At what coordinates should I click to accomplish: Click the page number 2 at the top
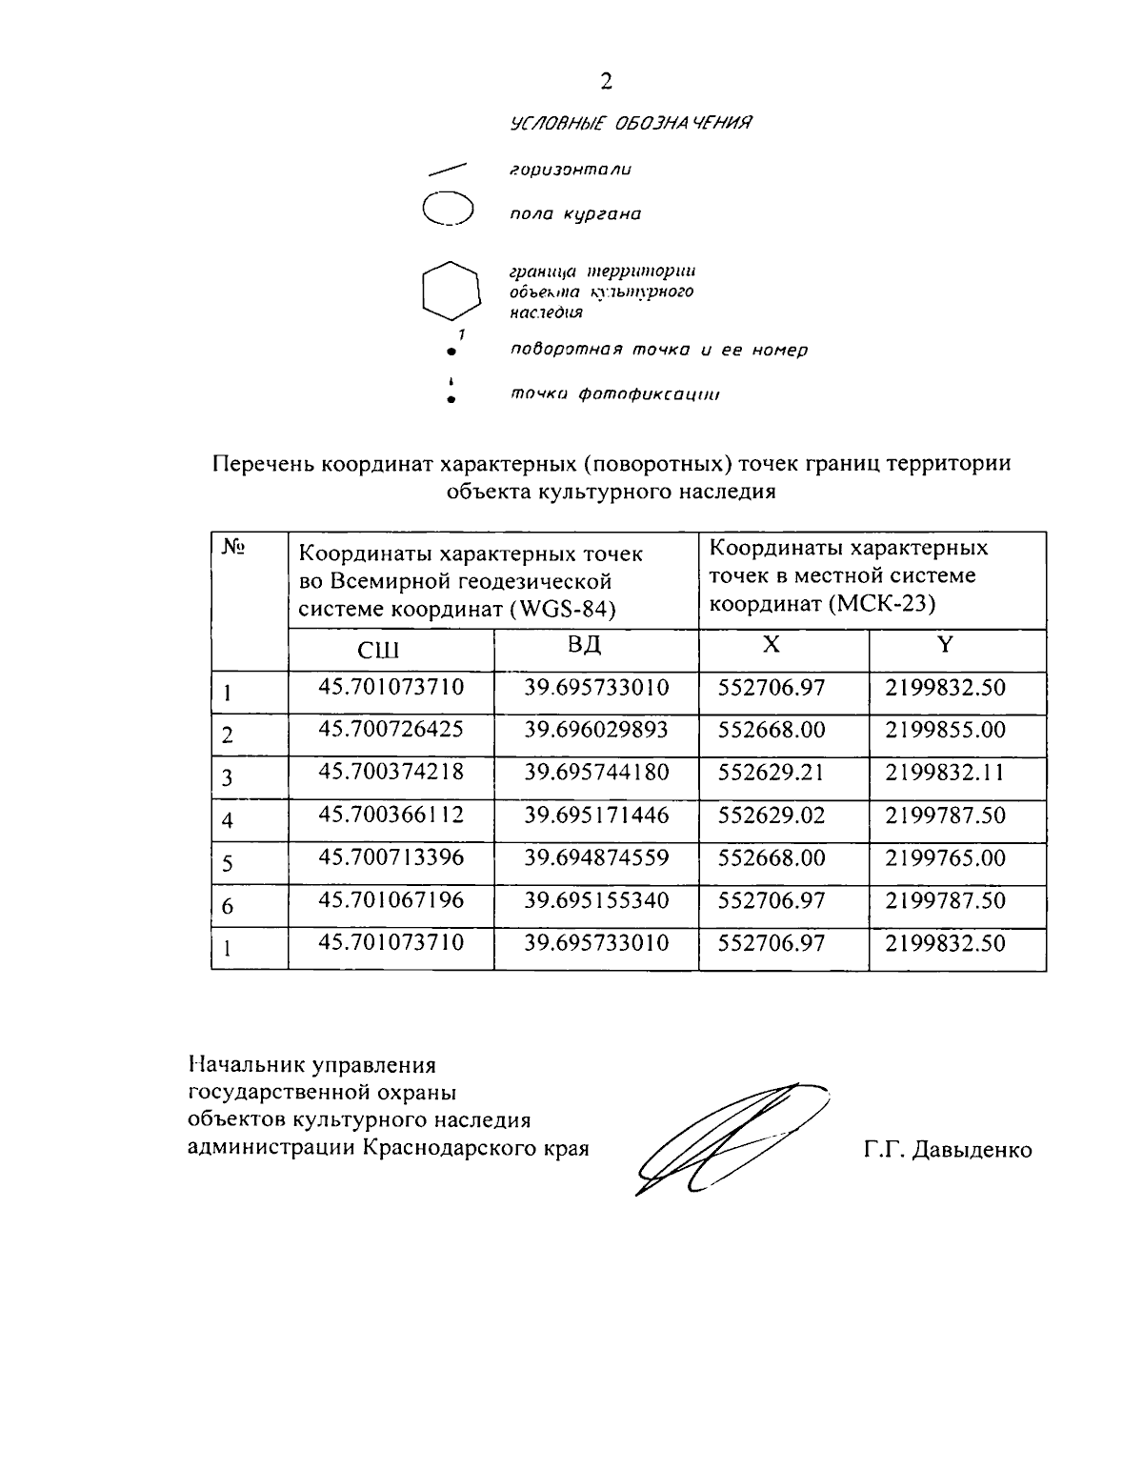click(606, 82)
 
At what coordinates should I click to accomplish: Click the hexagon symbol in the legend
click(450, 290)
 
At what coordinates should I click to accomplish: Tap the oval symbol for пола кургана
click(448, 210)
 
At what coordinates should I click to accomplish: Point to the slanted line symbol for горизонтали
click(448, 169)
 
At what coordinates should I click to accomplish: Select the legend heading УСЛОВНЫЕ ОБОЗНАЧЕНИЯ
click(632, 123)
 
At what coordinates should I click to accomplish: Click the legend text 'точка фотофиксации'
click(614, 394)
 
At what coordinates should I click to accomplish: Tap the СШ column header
click(378, 650)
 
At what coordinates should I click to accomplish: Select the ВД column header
click(585, 646)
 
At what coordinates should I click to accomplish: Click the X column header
click(772, 646)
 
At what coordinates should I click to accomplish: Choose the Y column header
click(945, 646)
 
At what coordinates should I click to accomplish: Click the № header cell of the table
click(234, 547)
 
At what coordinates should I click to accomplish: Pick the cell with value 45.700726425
click(391, 730)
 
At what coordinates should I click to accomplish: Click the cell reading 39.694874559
click(596, 857)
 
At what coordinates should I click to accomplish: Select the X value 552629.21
click(772, 773)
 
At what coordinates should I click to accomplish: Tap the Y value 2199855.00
click(945, 730)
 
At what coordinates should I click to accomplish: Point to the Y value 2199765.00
click(945, 857)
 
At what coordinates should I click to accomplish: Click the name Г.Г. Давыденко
click(948, 1150)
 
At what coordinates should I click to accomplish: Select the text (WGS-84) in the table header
click(562, 609)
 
